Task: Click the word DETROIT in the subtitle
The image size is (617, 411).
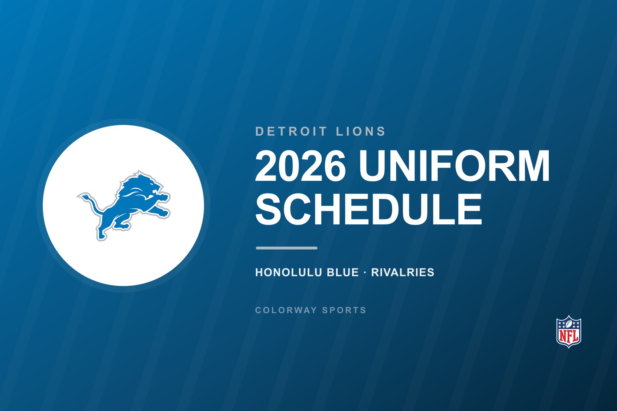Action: pos(291,131)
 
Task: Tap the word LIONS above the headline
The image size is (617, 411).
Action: pos(361,131)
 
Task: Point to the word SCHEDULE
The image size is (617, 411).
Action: pos(369,209)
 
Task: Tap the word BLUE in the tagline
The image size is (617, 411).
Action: pos(343,272)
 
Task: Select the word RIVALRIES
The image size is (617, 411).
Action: pos(402,272)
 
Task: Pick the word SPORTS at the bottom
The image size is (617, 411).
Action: pos(344,310)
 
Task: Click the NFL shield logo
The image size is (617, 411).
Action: pos(569,331)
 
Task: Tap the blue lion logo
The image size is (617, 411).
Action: pos(124,205)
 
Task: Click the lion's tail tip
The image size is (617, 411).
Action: pos(79,196)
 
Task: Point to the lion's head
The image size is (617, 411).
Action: pos(150,185)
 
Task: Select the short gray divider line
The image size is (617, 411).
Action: pos(286,248)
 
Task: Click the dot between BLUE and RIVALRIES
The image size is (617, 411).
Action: pos(365,272)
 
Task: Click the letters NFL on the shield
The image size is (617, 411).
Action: pos(569,336)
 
